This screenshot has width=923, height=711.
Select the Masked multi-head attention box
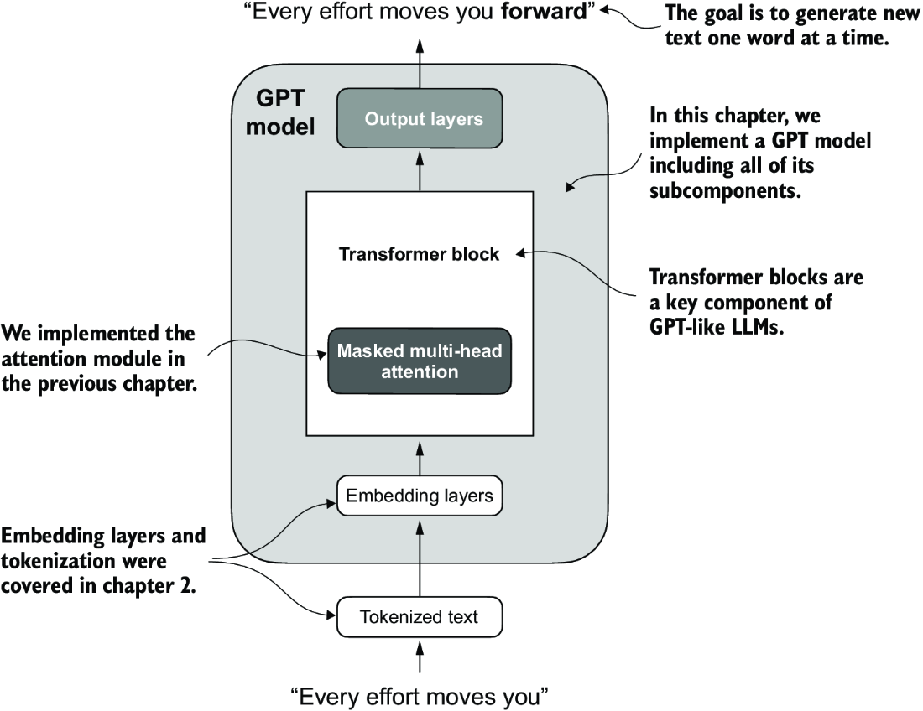(420, 361)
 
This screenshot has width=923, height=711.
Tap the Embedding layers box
(420, 496)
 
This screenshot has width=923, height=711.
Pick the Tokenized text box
(420, 618)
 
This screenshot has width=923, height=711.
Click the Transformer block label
(419, 254)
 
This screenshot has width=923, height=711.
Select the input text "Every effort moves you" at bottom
(420, 696)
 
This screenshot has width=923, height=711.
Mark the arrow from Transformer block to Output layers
(420, 171)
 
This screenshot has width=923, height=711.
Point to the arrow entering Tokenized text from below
(420, 657)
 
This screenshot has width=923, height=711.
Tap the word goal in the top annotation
(719, 14)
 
